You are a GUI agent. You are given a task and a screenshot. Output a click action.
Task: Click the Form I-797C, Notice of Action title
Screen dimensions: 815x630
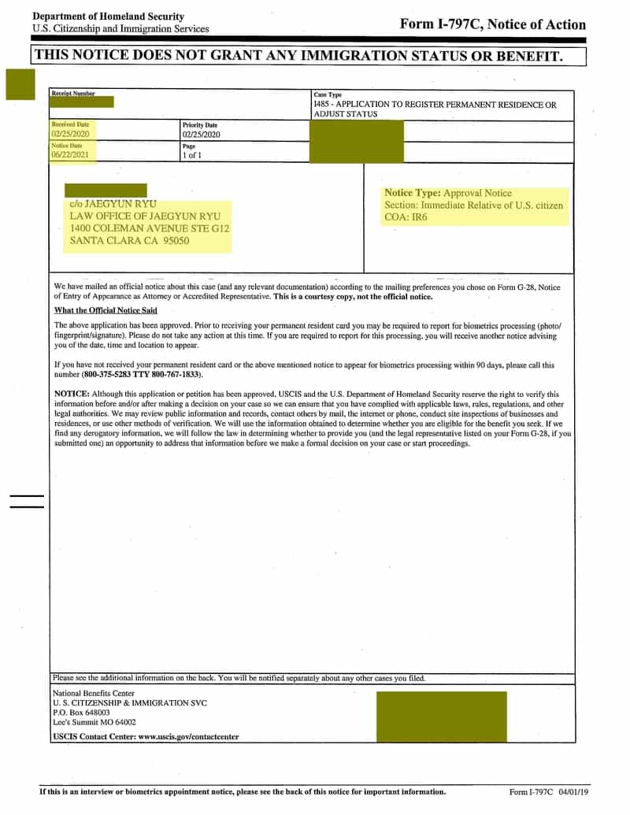[x=492, y=24]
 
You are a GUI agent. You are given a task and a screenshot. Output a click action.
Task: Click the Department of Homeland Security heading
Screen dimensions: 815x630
[x=108, y=17]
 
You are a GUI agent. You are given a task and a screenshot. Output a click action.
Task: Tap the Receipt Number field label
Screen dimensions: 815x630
[x=73, y=94]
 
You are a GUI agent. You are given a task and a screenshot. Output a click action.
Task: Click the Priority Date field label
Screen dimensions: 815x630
[x=199, y=125]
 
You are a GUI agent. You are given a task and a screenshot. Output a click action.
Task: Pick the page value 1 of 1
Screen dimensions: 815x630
[x=192, y=155]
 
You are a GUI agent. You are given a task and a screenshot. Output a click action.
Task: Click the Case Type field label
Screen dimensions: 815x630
[x=328, y=94]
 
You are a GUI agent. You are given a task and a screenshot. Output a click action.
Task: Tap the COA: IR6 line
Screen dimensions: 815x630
[x=406, y=217]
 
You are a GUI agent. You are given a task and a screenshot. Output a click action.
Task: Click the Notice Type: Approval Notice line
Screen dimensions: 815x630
[x=447, y=193]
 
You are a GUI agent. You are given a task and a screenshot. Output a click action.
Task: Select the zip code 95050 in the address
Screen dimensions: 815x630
[x=176, y=241]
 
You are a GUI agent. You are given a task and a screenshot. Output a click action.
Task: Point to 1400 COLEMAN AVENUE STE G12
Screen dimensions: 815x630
[x=150, y=228]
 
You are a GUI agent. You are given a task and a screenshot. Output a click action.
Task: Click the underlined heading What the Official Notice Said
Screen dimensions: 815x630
[x=106, y=310]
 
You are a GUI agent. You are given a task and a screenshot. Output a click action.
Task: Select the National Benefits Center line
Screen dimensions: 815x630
[x=93, y=693]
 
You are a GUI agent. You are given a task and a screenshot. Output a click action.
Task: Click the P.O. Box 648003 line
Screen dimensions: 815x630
[x=81, y=712]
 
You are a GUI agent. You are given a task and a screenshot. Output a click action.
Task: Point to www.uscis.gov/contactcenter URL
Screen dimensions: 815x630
[x=188, y=737]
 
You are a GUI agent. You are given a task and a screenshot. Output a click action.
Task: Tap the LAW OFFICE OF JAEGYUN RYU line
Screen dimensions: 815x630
[x=145, y=216]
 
